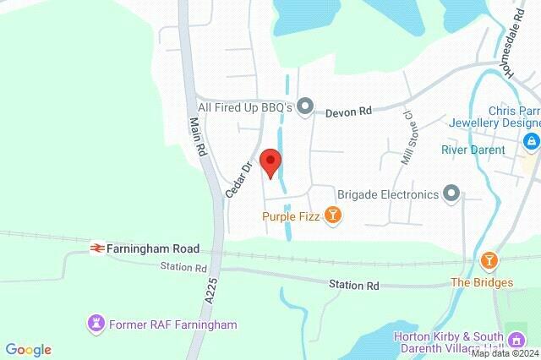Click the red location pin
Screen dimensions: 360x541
pyautogui.click(x=270, y=162)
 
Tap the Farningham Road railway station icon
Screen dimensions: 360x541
pyautogui.click(x=97, y=248)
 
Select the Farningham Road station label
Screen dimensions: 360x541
pyautogui.click(x=153, y=249)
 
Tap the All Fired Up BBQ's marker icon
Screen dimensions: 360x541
pyautogui.click(x=305, y=106)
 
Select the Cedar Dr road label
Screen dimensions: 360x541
pyautogui.click(x=239, y=179)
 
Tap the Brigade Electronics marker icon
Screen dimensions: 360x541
pyautogui.click(x=451, y=194)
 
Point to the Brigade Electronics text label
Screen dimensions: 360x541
pyautogui.click(x=388, y=194)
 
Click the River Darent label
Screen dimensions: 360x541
pyautogui.click(x=473, y=150)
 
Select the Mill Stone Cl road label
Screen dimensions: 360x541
pyautogui.click(x=406, y=137)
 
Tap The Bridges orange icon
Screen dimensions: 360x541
pyautogui.click(x=488, y=259)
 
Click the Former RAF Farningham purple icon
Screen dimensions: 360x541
pyautogui.click(x=96, y=324)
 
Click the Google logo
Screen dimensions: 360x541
pyautogui.click(x=29, y=350)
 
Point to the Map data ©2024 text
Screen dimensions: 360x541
pyautogui.click(x=505, y=353)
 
